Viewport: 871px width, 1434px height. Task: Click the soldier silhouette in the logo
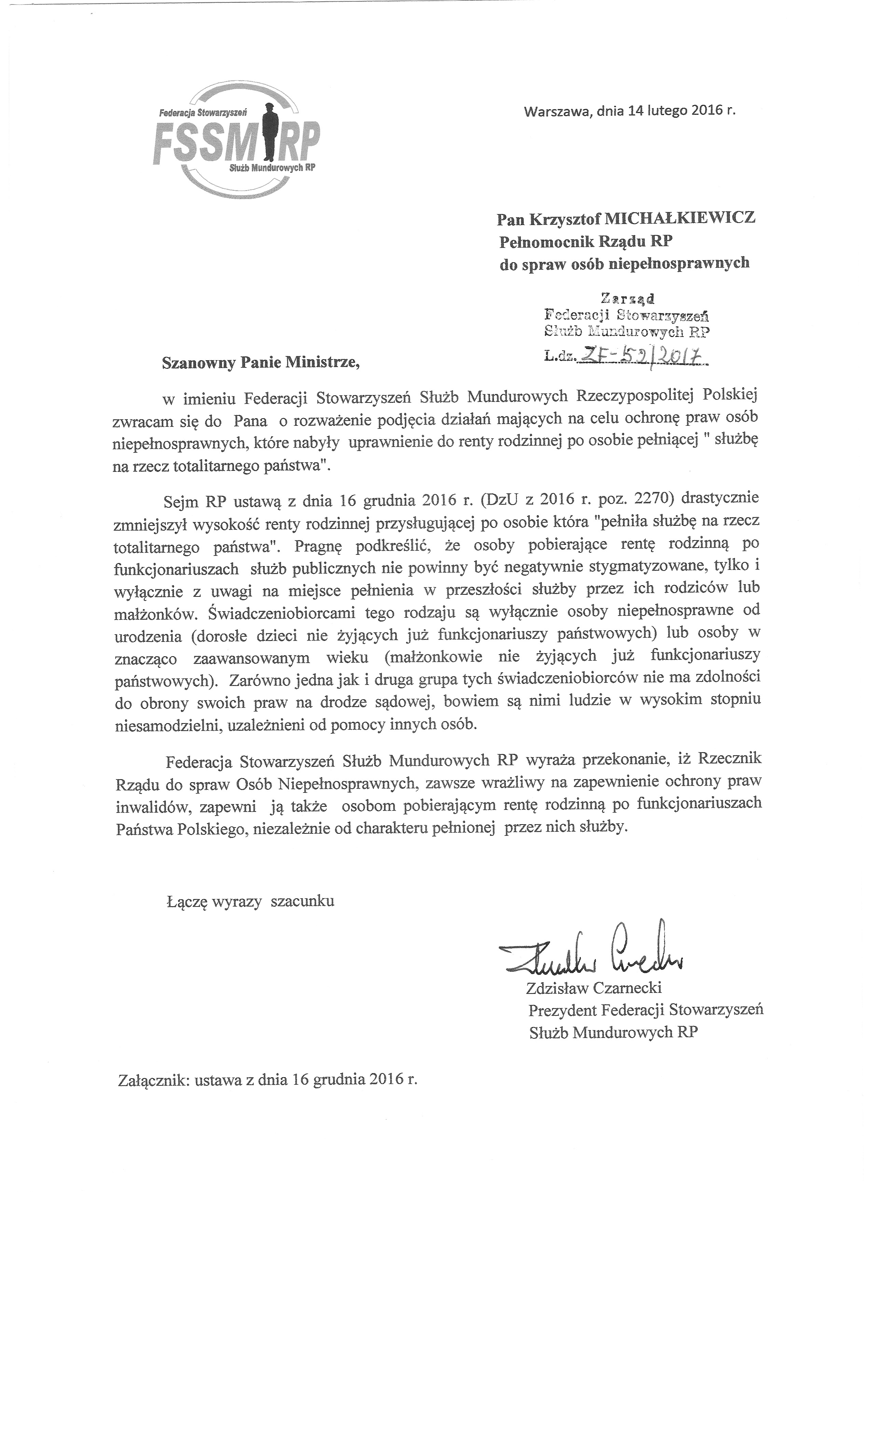268,133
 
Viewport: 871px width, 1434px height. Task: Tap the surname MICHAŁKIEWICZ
681,218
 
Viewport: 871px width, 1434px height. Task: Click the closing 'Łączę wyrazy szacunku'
250,901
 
